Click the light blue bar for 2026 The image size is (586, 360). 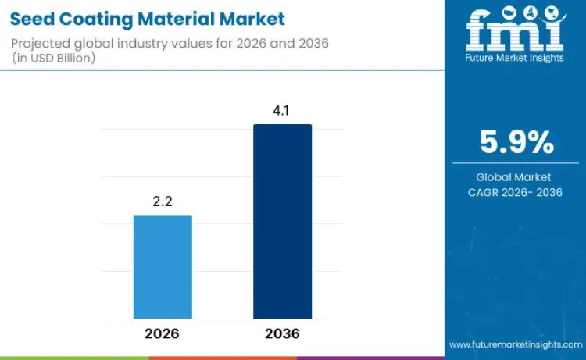point(163,267)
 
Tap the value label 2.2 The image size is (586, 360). point(163,201)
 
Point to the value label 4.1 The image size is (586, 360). point(282,111)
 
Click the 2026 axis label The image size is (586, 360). point(163,333)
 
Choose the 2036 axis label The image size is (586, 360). point(282,333)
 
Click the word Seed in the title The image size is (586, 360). point(32,18)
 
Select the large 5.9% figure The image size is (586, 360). point(516,143)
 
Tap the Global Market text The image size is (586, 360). point(515,177)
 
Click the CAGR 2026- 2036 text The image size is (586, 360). point(515,192)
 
